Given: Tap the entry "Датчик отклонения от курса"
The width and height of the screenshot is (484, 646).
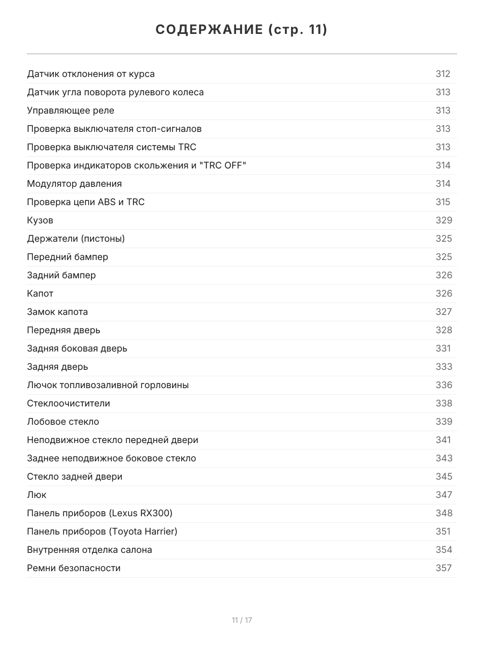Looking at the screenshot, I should (x=91, y=74).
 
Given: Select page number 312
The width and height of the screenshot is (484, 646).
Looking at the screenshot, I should (x=443, y=74).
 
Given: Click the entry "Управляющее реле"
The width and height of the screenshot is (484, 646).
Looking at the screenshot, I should (x=70, y=110).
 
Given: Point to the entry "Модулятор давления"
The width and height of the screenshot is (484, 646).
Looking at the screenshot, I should (x=74, y=184).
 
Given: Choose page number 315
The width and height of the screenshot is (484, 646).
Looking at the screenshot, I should (x=443, y=202).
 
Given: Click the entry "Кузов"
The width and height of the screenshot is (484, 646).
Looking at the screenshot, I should (x=40, y=220).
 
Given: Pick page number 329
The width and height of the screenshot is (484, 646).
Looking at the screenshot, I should (x=444, y=220).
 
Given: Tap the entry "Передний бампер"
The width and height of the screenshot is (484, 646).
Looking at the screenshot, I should (x=67, y=257).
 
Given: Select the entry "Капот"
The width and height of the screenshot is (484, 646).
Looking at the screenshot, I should (x=40, y=293).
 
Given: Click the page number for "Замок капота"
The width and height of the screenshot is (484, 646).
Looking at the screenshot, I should (x=444, y=312).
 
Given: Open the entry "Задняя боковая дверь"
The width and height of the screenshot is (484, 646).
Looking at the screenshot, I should (x=77, y=348).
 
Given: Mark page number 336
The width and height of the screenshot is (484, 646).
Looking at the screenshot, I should (x=444, y=385).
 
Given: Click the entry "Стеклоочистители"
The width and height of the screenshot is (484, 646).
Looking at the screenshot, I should (x=68, y=403).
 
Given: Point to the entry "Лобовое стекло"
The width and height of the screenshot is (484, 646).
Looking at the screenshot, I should (x=63, y=422).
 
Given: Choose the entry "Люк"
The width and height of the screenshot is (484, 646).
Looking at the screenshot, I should (x=37, y=495).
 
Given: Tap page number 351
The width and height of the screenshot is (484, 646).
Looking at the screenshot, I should (x=443, y=531).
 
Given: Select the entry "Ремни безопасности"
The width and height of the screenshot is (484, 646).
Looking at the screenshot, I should (x=74, y=568).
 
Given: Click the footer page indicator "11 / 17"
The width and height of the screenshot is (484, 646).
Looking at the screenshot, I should (x=242, y=620).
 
